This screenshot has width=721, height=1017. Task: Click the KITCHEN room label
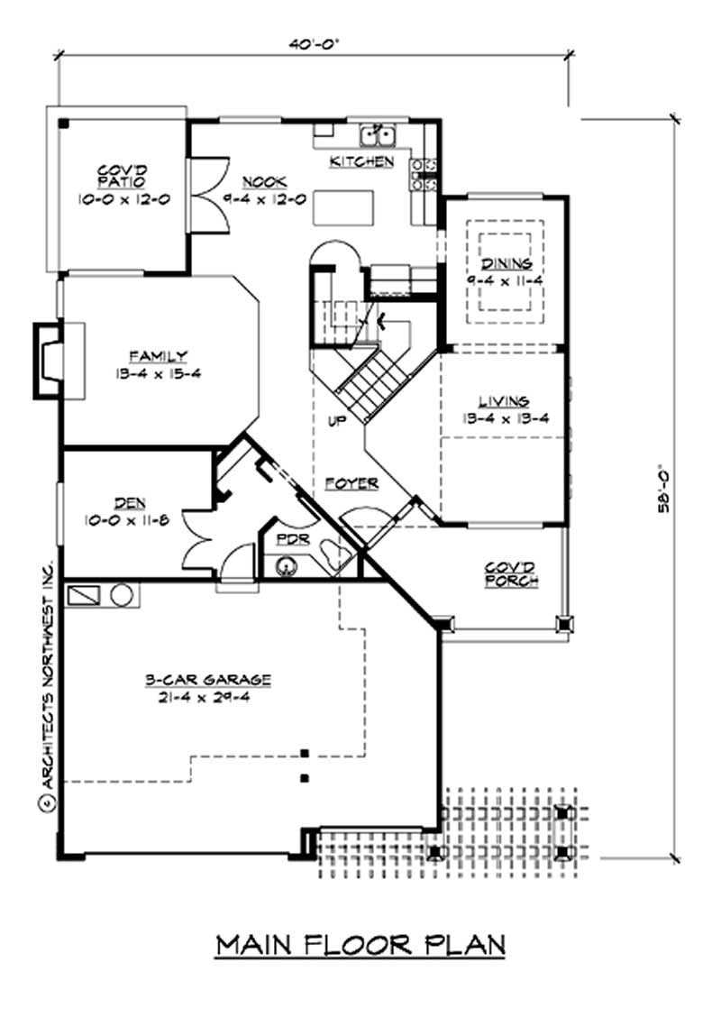click(x=361, y=162)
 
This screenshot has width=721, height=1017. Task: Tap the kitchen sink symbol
click(x=379, y=136)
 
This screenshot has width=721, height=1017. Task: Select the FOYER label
click(x=351, y=484)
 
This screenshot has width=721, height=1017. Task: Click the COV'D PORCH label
click(x=510, y=574)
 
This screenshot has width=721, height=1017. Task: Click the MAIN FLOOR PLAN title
click(x=360, y=946)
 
